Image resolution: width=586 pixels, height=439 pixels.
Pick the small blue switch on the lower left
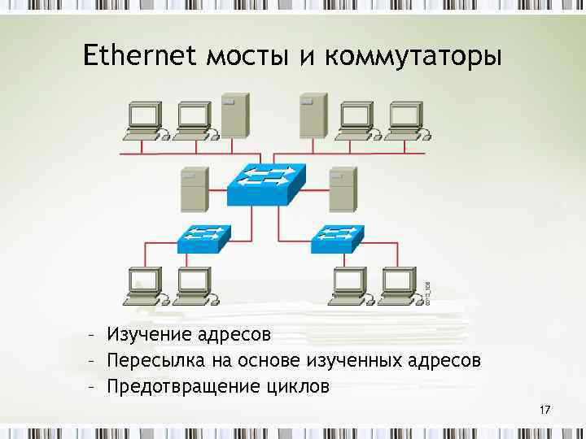tap(203, 237)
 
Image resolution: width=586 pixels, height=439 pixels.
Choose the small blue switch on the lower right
tap(337, 237)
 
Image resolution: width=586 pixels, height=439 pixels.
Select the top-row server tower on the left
tap(234, 116)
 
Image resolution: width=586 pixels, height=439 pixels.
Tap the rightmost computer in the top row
tap(405, 120)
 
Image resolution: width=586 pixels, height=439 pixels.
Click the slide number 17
tap(544, 410)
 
